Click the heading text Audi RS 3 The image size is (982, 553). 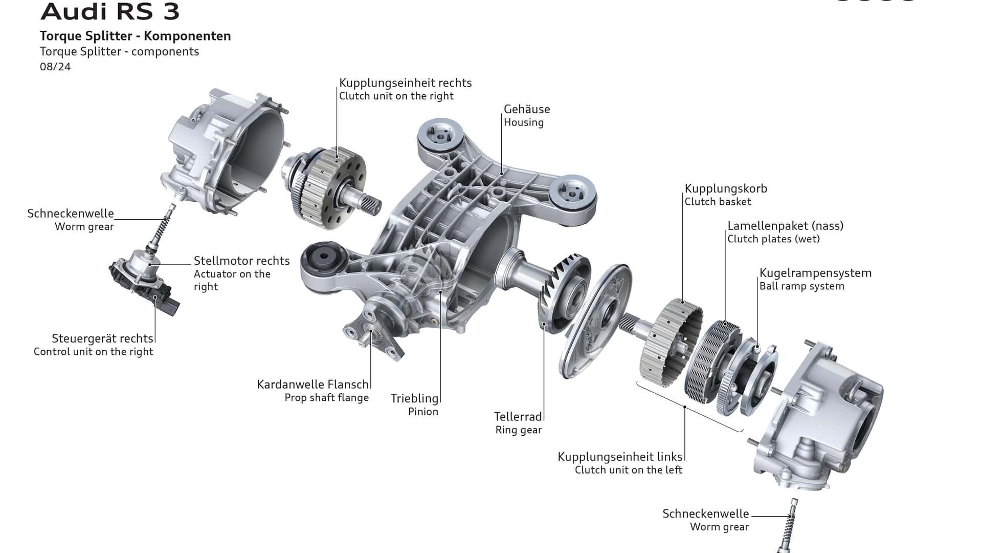tap(110, 11)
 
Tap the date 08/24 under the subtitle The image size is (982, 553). tap(55, 67)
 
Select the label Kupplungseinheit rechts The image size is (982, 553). tap(405, 83)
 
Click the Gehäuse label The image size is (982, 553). tap(527, 109)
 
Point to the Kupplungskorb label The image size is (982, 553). tap(726, 188)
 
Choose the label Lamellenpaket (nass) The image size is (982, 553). tap(785, 226)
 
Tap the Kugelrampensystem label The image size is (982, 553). tap(815, 273)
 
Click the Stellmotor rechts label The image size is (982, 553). tap(241, 261)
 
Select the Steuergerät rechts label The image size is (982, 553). tap(102, 338)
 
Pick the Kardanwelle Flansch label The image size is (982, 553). tap(313, 385)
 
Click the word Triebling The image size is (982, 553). tap(414, 398)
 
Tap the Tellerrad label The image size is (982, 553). tap(518, 417)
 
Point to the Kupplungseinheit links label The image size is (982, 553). tap(620, 457)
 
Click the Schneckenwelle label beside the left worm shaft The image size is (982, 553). tap(71, 214)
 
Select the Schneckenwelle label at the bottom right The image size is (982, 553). tap(705, 514)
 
